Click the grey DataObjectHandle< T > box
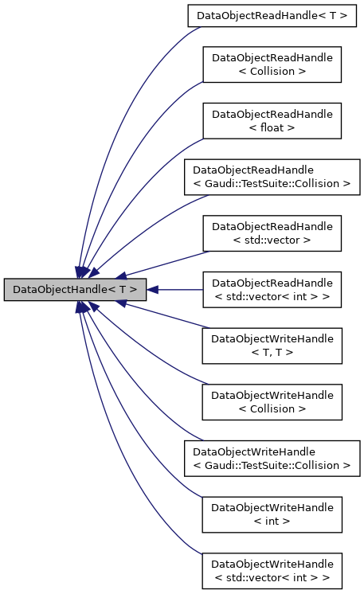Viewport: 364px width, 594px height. pyautogui.click(x=75, y=290)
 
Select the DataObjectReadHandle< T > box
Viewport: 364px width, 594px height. pyautogui.click(x=272, y=15)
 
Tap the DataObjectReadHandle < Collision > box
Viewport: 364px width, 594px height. pyautogui.click(x=272, y=64)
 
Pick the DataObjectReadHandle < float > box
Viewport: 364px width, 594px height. pyautogui.click(x=272, y=120)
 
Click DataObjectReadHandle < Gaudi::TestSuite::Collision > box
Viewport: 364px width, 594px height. pyautogui.click(x=272, y=177)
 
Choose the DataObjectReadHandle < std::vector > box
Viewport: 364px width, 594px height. pyautogui.click(x=272, y=233)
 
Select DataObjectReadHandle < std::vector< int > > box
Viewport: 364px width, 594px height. pyautogui.click(x=272, y=290)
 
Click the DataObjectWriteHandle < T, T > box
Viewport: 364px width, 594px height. pyautogui.click(x=272, y=346)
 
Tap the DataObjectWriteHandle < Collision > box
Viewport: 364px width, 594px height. pyautogui.click(x=272, y=402)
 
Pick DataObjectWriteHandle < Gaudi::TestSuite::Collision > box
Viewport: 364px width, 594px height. pyautogui.click(x=272, y=459)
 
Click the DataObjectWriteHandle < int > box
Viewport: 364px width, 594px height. pyautogui.click(x=272, y=515)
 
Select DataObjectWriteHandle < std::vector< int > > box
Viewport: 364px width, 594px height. pyautogui.click(x=272, y=571)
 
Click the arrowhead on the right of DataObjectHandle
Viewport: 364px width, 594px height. pyautogui.click(x=153, y=290)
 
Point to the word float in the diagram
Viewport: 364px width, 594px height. pyautogui.click(x=272, y=127)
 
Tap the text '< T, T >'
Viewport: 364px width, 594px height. pyautogui.click(x=272, y=353)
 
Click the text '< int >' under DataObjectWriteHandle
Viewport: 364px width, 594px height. pyautogui.click(x=272, y=522)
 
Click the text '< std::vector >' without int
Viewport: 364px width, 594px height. pyautogui.click(x=272, y=240)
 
